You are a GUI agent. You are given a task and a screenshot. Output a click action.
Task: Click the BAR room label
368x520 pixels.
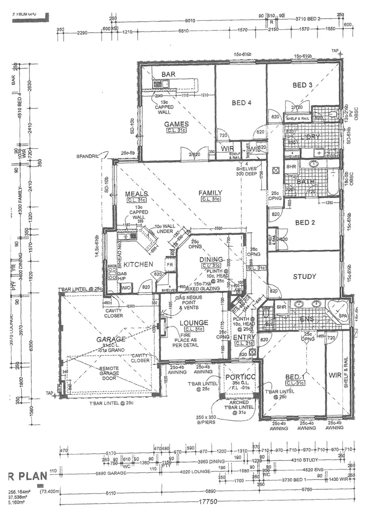coord(168,75)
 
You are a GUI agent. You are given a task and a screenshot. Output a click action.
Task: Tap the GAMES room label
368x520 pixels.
coord(176,124)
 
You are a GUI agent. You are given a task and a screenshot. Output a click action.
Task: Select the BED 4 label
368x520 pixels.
coord(241,103)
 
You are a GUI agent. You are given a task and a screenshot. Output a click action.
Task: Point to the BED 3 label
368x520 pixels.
coord(302,85)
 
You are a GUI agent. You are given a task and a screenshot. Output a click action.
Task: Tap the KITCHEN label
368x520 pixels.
coord(138,264)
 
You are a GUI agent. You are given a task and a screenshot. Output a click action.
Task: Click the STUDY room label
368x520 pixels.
coord(304,276)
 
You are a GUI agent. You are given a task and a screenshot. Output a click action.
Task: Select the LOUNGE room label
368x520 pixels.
coord(194,323)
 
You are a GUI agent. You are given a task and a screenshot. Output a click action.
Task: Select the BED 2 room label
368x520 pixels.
coord(305,222)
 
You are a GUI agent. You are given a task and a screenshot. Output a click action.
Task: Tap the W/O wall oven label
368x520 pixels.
coord(126,288)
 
